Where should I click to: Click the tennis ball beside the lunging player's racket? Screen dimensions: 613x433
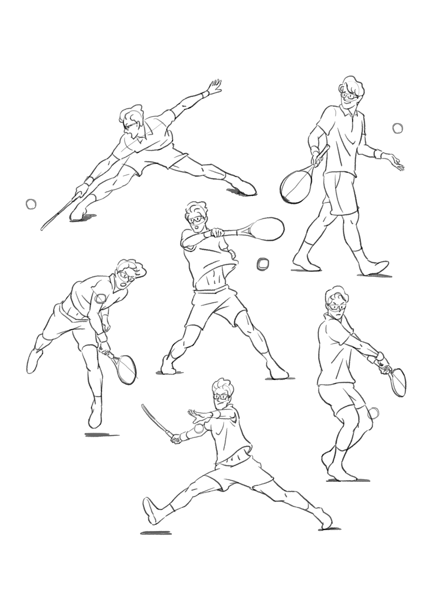pos(31,204)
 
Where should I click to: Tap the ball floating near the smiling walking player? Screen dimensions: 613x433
pos(398,128)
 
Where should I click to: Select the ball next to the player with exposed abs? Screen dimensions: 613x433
pos(262,264)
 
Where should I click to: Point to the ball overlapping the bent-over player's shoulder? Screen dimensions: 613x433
pos(101,298)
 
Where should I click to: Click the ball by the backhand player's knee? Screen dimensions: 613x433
pos(375,413)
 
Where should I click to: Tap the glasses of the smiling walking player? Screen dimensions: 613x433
pos(349,96)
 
